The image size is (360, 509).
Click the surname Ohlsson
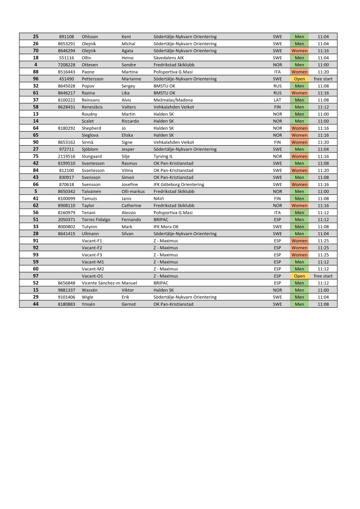(90, 37)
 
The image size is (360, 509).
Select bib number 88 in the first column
(36, 72)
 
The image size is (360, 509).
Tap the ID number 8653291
(66, 44)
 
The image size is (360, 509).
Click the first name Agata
(128, 51)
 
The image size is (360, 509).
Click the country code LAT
(277, 100)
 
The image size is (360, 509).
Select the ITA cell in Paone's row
(277, 72)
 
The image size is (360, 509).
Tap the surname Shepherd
(92, 128)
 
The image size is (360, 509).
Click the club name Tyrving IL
(164, 156)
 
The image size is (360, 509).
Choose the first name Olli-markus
(133, 191)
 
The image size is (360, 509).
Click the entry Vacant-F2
(92, 248)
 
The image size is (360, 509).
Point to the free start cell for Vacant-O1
(323, 276)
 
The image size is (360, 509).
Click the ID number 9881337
(66, 290)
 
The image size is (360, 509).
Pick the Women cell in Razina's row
(299, 93)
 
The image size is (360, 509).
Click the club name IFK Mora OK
(166, 227)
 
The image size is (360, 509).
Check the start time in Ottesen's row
(323, 65)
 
